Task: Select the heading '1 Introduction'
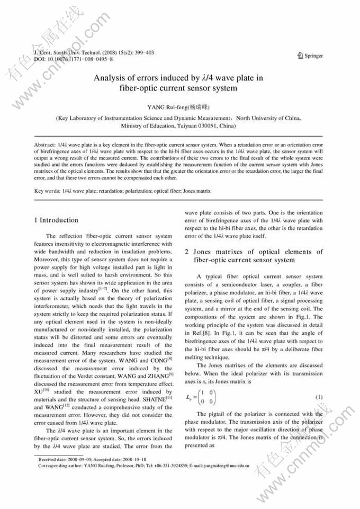[56, 220]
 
